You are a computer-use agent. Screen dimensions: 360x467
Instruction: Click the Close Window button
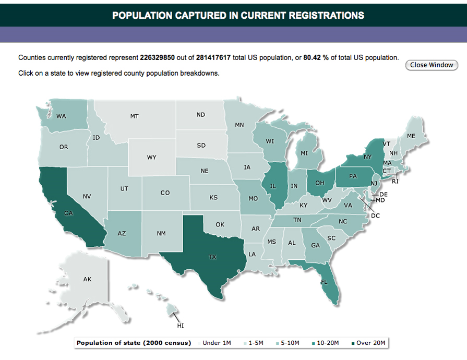[x=432, y=65]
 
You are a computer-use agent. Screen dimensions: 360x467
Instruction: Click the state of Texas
[x=209, y=250]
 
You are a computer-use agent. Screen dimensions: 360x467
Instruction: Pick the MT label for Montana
[x=135, y=116]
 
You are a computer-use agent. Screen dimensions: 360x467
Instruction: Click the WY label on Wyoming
[x=152, y=157]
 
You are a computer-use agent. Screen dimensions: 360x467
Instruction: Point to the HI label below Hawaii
[x=181, y=326]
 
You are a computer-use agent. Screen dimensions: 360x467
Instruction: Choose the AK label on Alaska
[x=88, y=280]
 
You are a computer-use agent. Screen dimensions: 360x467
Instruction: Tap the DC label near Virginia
[x=375, y=215]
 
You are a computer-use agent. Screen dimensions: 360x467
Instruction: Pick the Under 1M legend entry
[x=217, y=343]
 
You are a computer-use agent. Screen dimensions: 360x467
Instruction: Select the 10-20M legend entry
[x=328, y=343]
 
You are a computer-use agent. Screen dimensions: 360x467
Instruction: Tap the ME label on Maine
[x=411, y=136]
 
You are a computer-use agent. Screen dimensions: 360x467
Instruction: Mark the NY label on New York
[x=367, y=157]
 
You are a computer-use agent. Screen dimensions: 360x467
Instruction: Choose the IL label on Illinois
[x=272, y=186]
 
